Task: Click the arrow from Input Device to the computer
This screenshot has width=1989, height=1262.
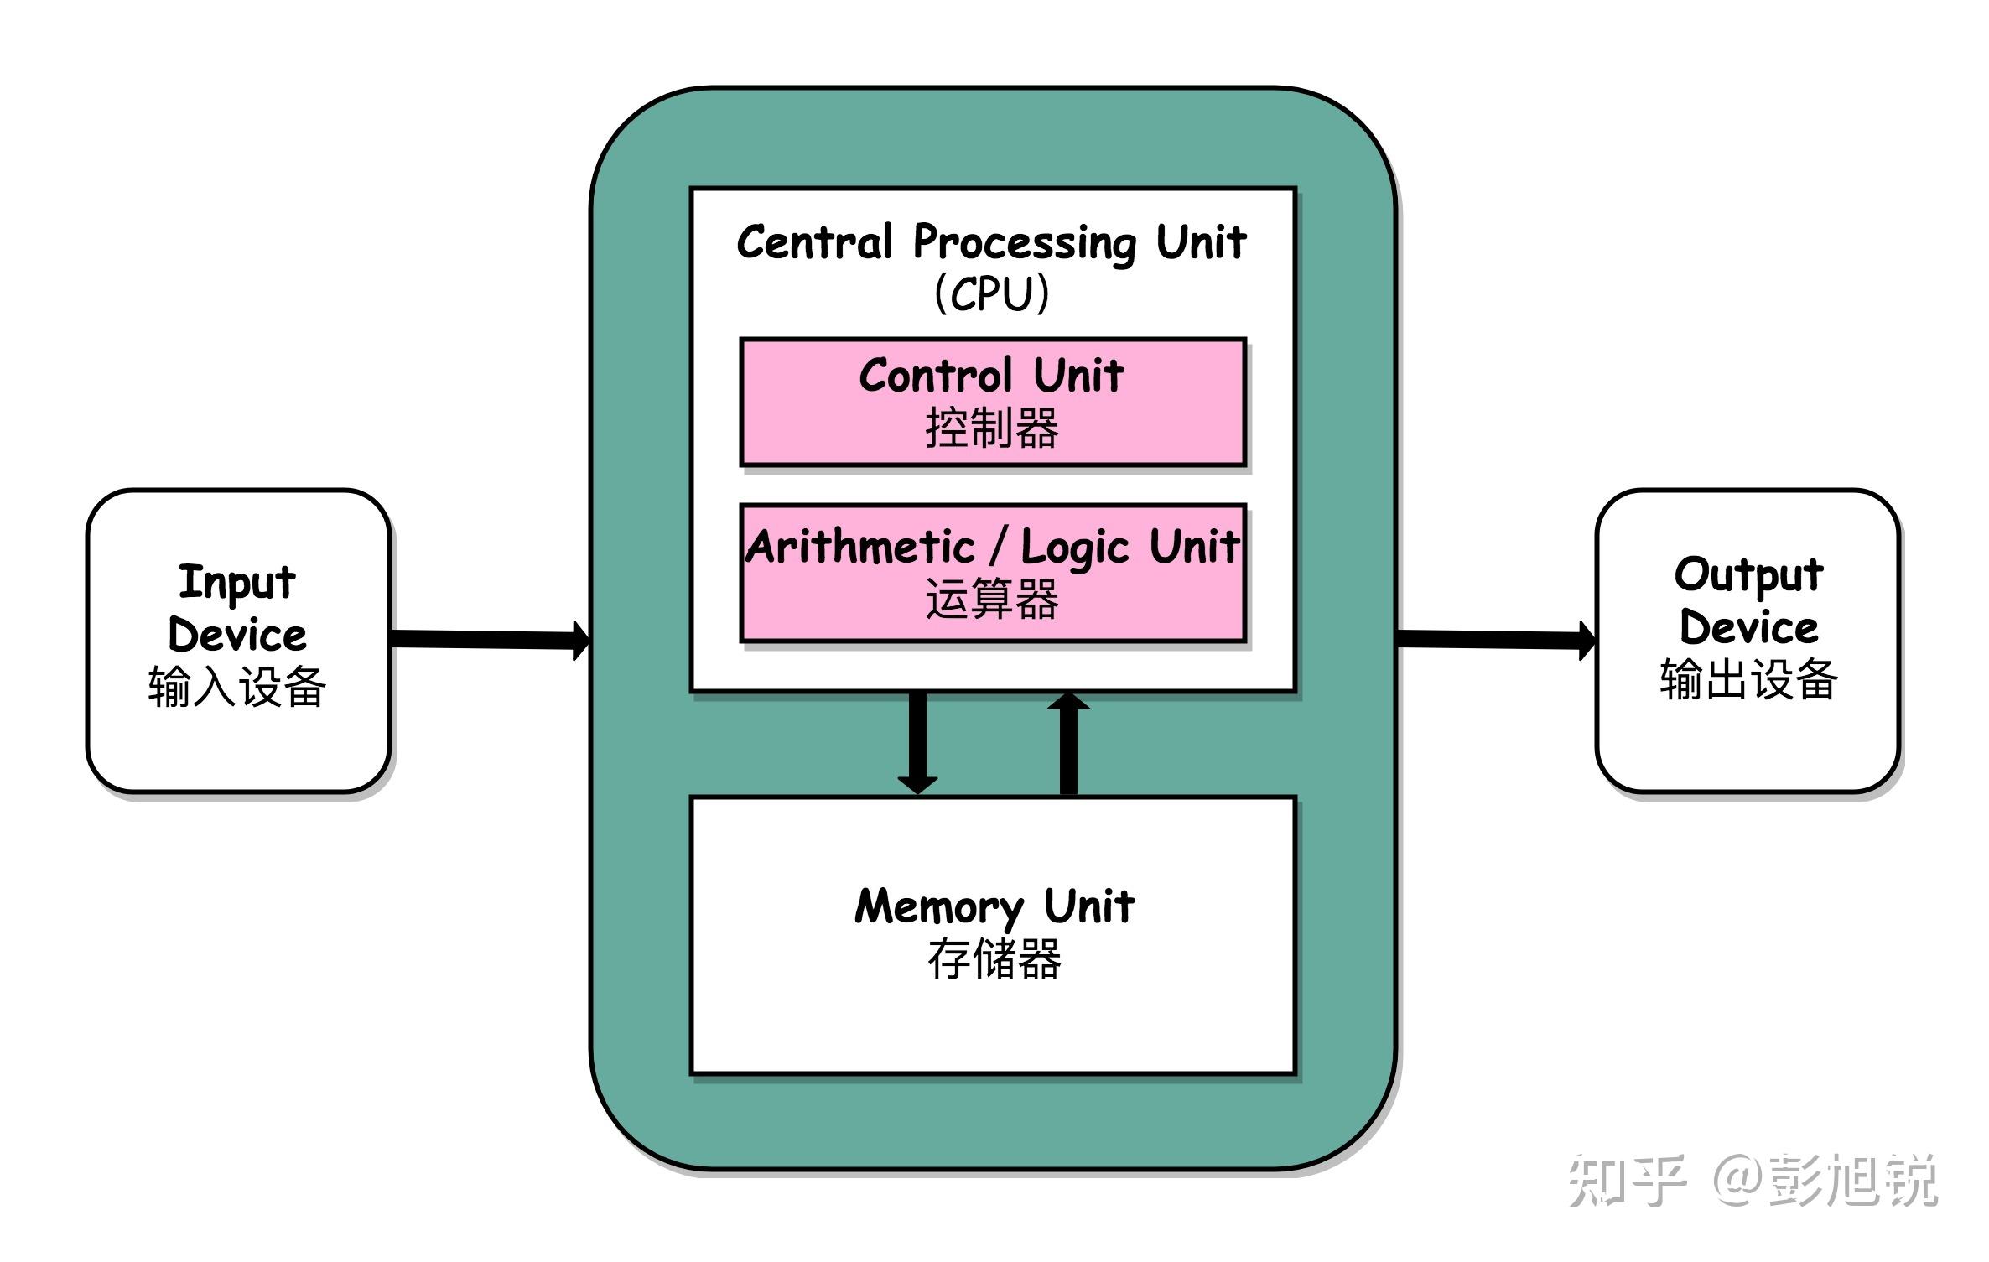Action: tap(491, 639)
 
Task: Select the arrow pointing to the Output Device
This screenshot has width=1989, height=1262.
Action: tap(1497, 639)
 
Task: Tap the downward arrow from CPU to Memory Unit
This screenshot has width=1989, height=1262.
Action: tap(918, 742)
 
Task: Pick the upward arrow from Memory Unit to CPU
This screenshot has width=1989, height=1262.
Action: tap(1068, 742)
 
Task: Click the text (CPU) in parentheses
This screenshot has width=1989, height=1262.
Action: tap(992, 293)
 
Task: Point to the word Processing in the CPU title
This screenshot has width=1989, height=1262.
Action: tap(1025, 242)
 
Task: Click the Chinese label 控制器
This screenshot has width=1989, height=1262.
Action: tap(992, 428)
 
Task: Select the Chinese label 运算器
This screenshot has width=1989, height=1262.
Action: tap(992, 600)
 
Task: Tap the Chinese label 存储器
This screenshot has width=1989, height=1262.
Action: tap(994, 959)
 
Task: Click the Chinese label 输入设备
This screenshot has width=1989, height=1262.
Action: tap(237, 687)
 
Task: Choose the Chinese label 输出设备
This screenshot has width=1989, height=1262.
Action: tap(1748, 680)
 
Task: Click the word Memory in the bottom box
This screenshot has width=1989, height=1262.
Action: tap(939, 907)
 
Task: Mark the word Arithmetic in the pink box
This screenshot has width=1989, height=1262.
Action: tap(860, 548)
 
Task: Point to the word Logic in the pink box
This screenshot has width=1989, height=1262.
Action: tap(1075, 549)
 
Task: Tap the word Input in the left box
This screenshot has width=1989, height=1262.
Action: tap(237, 582)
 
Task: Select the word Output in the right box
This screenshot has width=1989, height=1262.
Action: tap(1748, 575)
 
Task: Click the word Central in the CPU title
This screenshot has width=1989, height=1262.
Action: tap(814, 242)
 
